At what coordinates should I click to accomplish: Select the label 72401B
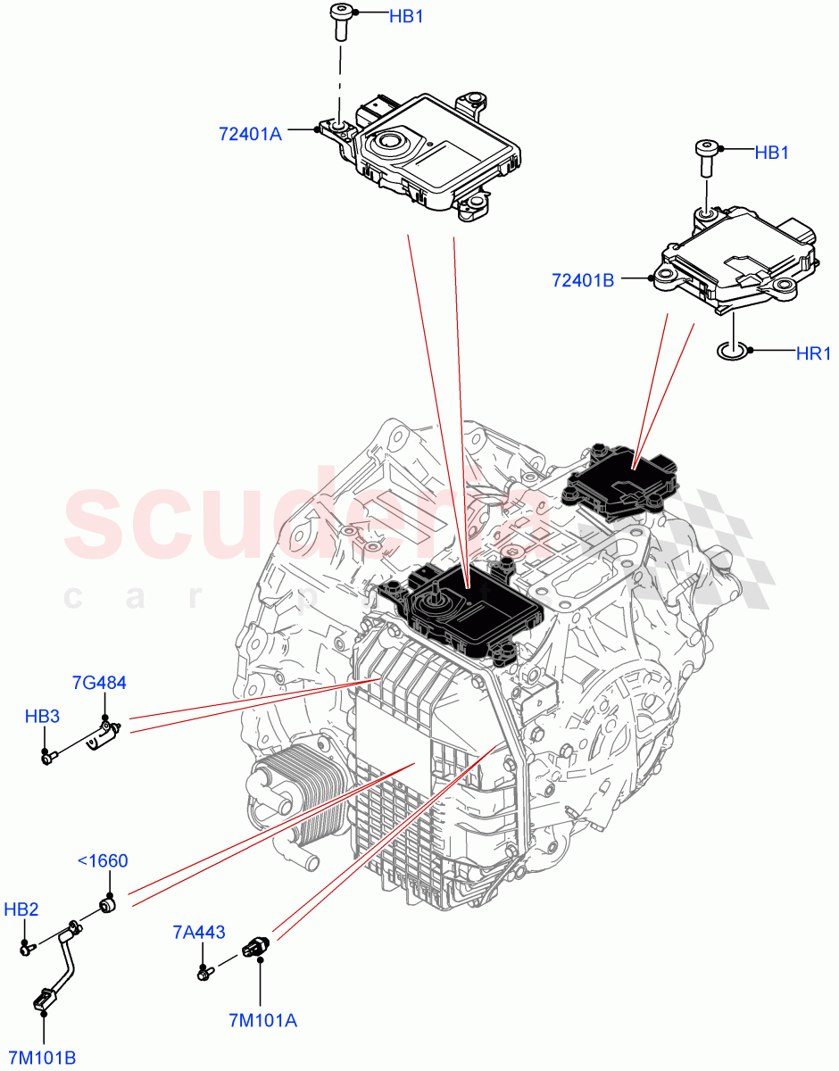583,279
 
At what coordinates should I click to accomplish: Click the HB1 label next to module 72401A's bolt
406,16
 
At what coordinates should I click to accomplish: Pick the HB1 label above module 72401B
771,153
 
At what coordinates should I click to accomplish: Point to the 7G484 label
99,683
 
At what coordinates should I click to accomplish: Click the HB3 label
42,716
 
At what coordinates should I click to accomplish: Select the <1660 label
103,861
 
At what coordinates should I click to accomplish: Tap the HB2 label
21,909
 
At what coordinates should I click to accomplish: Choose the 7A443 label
197,933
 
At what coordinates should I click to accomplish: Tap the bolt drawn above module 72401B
705,158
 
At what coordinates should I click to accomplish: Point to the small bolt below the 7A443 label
205,974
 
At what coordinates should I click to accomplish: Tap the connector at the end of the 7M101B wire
42,1001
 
